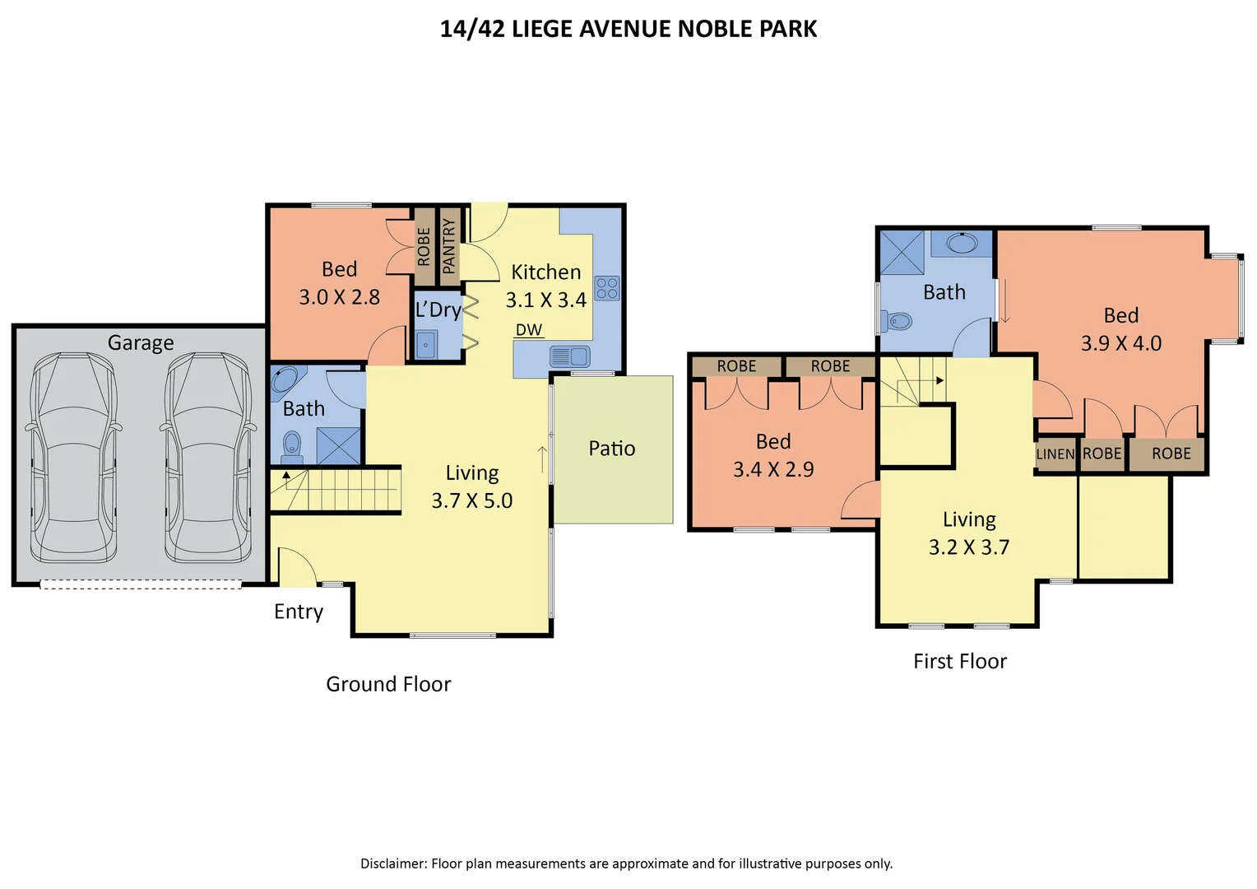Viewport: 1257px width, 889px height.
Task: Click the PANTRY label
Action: [x=449, y=246]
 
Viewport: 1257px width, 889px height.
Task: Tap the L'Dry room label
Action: [x=438, y=310]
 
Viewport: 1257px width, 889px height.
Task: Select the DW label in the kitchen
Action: [x=529, y=329]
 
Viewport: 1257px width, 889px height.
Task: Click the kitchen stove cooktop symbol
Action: [x=607, y=288]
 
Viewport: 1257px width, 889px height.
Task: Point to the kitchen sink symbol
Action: [x=569, y=356]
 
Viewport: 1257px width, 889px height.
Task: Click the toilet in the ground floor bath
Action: [x=291, y=447]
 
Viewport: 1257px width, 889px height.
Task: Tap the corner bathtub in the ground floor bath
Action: [x=287, y=381]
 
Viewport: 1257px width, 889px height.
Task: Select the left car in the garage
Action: [x=73, y=457]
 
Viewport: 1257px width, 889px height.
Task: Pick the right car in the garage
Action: [x=208, y=457]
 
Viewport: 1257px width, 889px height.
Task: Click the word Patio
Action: [x=612, y=448]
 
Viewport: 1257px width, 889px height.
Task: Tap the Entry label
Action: [x=299, y=612]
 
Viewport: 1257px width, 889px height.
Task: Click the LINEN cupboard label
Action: [x=1055, y=454]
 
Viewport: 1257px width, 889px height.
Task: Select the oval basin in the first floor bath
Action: [x=962, y=244]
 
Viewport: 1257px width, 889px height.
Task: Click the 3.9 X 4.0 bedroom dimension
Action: [x=1121, y=343]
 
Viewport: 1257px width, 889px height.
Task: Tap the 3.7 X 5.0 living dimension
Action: [x=472, y=500]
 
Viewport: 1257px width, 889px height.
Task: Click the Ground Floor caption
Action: [x=388, y=684]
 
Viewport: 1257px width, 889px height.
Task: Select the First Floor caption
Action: [x=960, y=661]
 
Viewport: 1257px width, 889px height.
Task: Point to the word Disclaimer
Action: [x=393, y=863]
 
